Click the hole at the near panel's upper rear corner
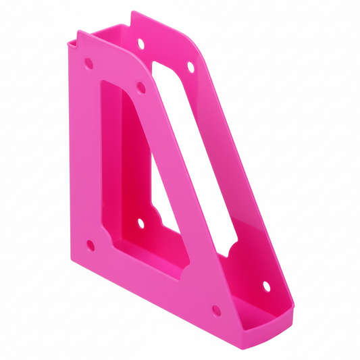click(88, 65)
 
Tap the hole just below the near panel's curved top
click(140, 86)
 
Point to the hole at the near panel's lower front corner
click(215, 310)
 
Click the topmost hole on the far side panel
click(141, 44)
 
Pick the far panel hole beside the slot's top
click(190, 67)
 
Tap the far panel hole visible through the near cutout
click(140, 222)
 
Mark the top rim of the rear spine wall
click(101, 31)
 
